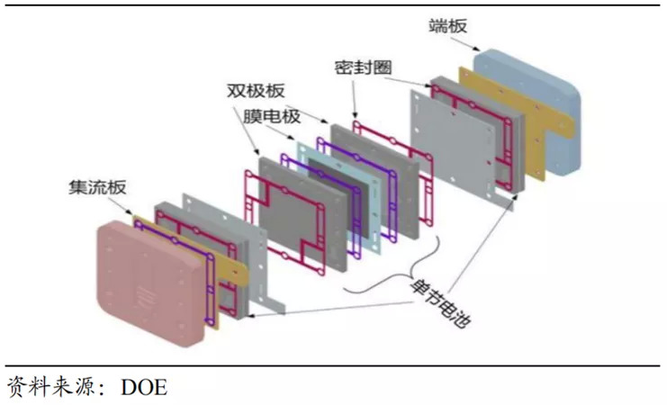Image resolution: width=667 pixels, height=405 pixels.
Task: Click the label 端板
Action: point(447,26)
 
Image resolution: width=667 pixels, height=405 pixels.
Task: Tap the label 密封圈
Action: point(363,67)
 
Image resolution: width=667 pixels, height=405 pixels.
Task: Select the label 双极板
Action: point(256,91)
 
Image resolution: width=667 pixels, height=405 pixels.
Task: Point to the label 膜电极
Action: point(272,116)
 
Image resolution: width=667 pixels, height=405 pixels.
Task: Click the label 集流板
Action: point(97,187)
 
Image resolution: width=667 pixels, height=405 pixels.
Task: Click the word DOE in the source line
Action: point(144,387)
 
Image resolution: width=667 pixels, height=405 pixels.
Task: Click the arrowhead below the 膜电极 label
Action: point(291,138)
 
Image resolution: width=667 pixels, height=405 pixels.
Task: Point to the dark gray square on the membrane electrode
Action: point(336,198)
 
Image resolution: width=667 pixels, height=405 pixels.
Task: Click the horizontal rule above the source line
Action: point(333,365)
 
